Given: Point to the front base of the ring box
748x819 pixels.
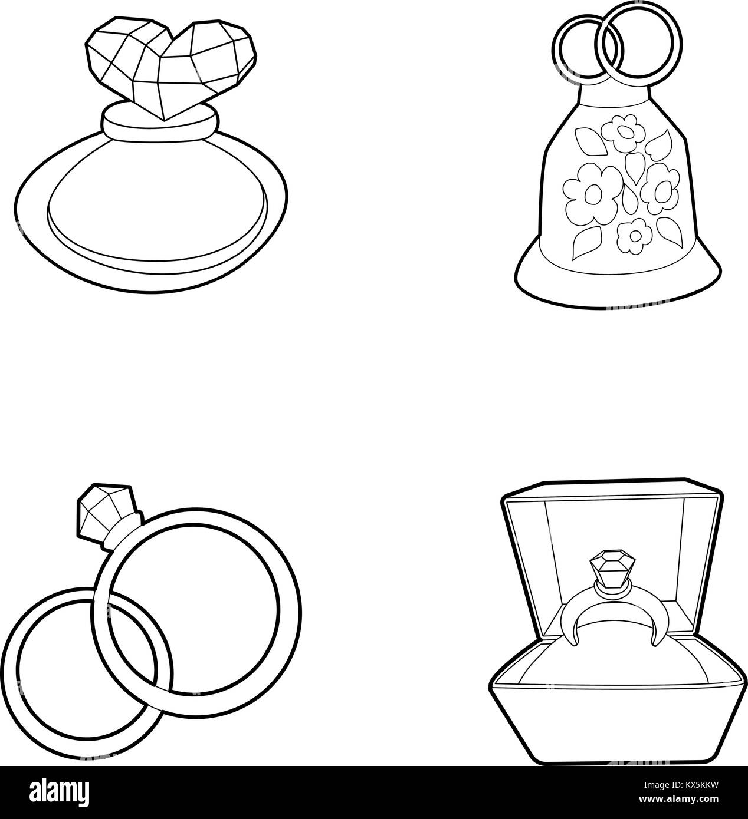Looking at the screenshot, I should coord(614,725).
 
